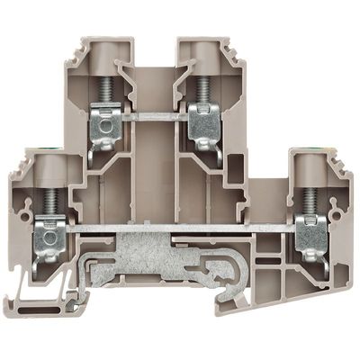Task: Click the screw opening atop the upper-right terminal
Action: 200,48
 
